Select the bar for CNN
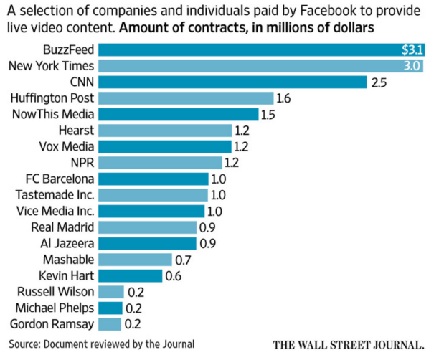click(x=232, y=82)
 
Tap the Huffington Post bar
click(x=186, y=98)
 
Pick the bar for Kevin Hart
click(x=131, y=275)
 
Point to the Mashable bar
click(x=135, y=260)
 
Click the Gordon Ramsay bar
click(x=110, y=323)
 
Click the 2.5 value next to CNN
click(x=379, y=82)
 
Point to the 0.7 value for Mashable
click(x=184, y=260)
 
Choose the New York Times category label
click(x=49, y=66)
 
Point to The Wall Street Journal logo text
click(x=354, y=344)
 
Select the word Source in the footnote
click(x=27, y=343)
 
